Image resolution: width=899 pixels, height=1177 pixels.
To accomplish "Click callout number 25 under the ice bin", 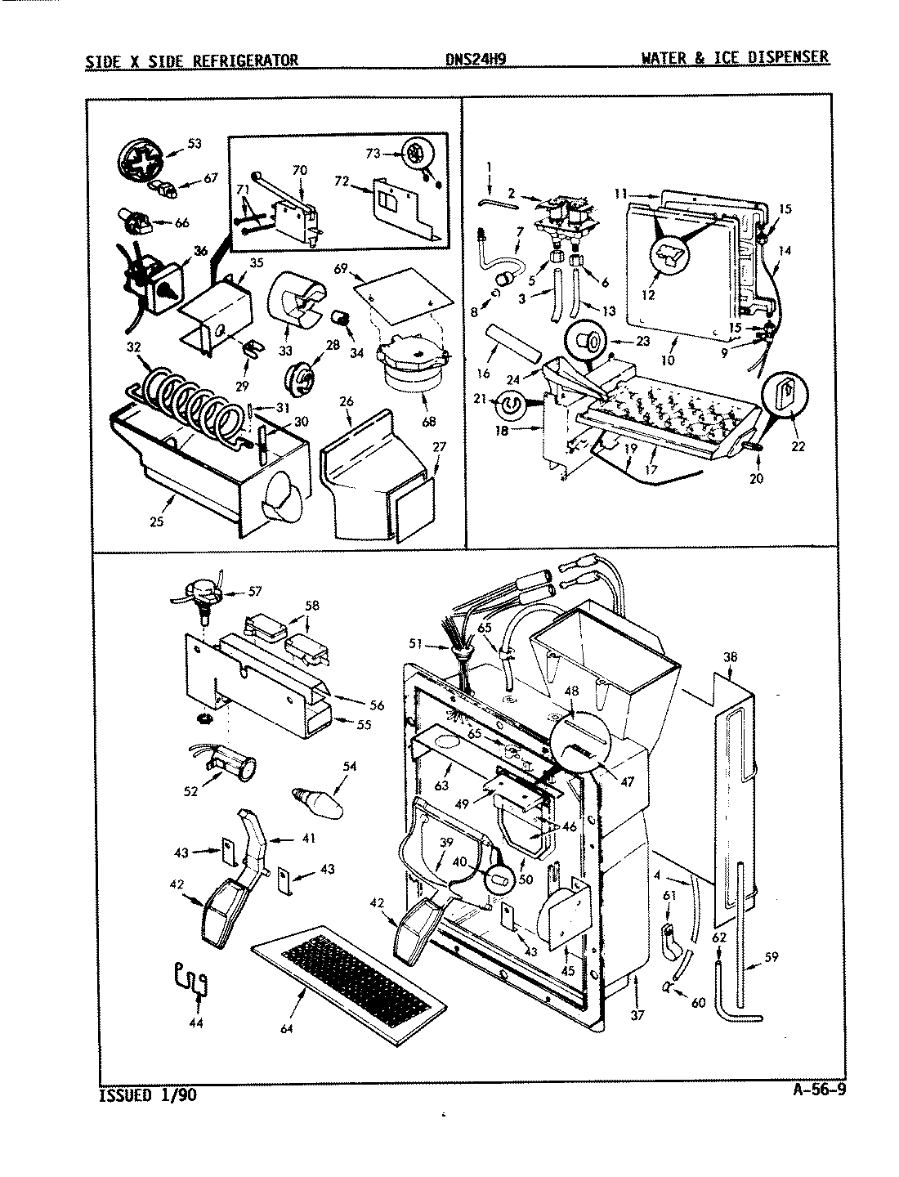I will (x=157, y=520).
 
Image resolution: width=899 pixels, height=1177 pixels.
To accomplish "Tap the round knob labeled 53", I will (x=141, y=159).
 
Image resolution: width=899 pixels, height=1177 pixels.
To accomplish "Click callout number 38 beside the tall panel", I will (x=730, y=655).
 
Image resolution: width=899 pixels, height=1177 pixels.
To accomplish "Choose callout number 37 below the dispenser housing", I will (x=637, y=1014).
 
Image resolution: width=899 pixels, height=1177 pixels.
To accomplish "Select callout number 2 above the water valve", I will (x=511, y=193).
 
